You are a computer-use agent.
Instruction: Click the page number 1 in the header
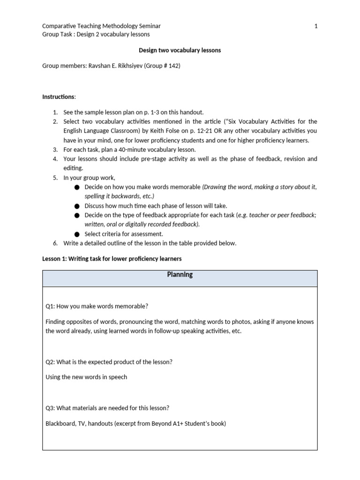[315, 26]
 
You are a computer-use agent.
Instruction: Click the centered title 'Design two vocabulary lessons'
[180, 50]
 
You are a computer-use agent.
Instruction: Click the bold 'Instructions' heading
[58, 97]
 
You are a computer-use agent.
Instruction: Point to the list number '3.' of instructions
[55, 150]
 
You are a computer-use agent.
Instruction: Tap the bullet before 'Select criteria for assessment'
[77, 234]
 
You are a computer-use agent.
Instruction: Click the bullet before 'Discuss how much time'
[77, 206]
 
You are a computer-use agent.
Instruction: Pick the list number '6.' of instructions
[55, 243]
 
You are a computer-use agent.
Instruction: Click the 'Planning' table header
[180, 275]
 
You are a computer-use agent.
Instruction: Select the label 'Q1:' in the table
[51, 306]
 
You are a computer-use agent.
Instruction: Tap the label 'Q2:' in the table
[51, 361]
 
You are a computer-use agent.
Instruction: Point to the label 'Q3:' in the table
[51, 408]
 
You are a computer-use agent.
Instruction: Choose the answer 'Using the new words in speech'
[86, 377]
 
